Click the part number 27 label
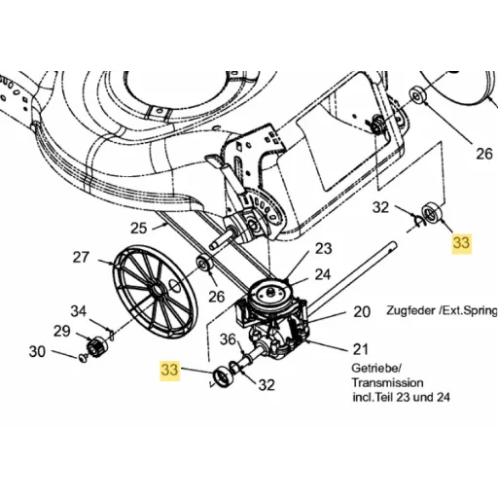pyautogui.click(x=81, y=257)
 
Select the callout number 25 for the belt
pyautogui.click(x=139, y=228)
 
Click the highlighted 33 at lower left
pyautogui.click(x=169, y=370)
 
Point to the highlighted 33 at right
pyautogui.click(x=461, y=242)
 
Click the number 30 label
pyautogui.click(x=37, y=351)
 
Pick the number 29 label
pyautogui.click(x=62, y=332)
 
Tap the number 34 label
pyautogui.click(x=79, y=311)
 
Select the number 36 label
pyautogui.click(x=228, y=339)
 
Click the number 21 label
pyautogui.click(x=361, y=349)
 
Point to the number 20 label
pyautogui.click(x=362, y=312)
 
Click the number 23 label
pyautogui.click(x=324, y=249)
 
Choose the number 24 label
pyautogui.click(x=323, y=274)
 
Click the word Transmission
pyautogui.click(x=387, y=382)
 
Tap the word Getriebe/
pyautogui.click(x=376, y=369)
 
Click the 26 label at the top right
pyautogui.click(x=484, y=154)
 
